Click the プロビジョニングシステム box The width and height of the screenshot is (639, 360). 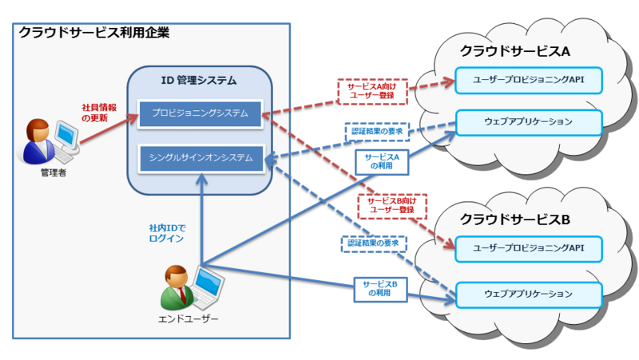point(200,113)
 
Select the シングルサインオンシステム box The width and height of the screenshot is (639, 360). point(201,158)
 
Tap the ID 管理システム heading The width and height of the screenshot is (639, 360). point(199,81)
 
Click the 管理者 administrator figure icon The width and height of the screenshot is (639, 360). point(48,141)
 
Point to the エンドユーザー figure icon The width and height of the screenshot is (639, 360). point(192,288)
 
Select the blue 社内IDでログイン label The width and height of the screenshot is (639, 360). point(167,233)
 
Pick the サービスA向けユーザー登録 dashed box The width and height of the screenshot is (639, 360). point(372,91)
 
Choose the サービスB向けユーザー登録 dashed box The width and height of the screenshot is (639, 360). point(392,206)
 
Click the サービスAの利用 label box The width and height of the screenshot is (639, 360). point(382,162)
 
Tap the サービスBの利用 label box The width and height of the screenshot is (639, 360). point(380,289)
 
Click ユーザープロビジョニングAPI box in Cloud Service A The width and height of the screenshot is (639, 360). point(528,81)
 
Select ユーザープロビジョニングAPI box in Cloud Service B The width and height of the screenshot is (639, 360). point(528,248)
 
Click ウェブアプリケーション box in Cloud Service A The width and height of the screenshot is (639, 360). point(529,122)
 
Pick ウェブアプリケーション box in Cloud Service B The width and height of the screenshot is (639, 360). point(529,295)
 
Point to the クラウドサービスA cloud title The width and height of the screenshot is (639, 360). point(514,51)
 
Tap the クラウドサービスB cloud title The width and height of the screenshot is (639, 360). point(514,220)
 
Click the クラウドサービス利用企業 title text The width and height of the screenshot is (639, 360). point(94,33)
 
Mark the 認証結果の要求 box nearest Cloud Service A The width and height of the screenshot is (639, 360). point(377,132)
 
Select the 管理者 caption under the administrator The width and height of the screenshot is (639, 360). point(54,172)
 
